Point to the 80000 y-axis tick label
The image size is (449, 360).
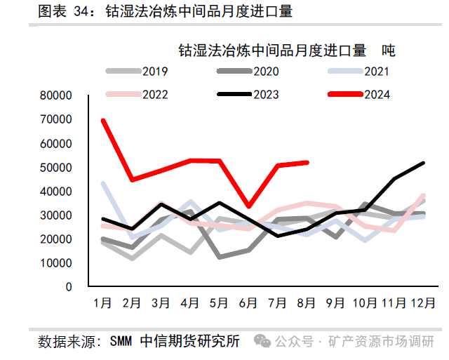click(x=56, y=95)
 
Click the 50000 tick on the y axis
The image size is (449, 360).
click(x=56, y=167)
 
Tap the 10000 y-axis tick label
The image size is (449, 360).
click(x=56, y=262)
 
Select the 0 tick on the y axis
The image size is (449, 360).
click(x=68, y=286)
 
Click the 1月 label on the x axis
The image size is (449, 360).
click(x=102, y=303)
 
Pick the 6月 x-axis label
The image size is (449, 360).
click(x=249, y=303)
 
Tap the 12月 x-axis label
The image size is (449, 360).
click(x=422, y=303)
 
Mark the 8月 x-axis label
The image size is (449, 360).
click(x=307, y=303)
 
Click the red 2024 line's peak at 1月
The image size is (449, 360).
click(x=103, y=120)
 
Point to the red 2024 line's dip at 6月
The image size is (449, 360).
click(x=249, y=206)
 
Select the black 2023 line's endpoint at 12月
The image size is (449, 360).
click(x=424, y=163)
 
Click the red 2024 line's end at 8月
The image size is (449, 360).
click(x=307, y=162)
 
